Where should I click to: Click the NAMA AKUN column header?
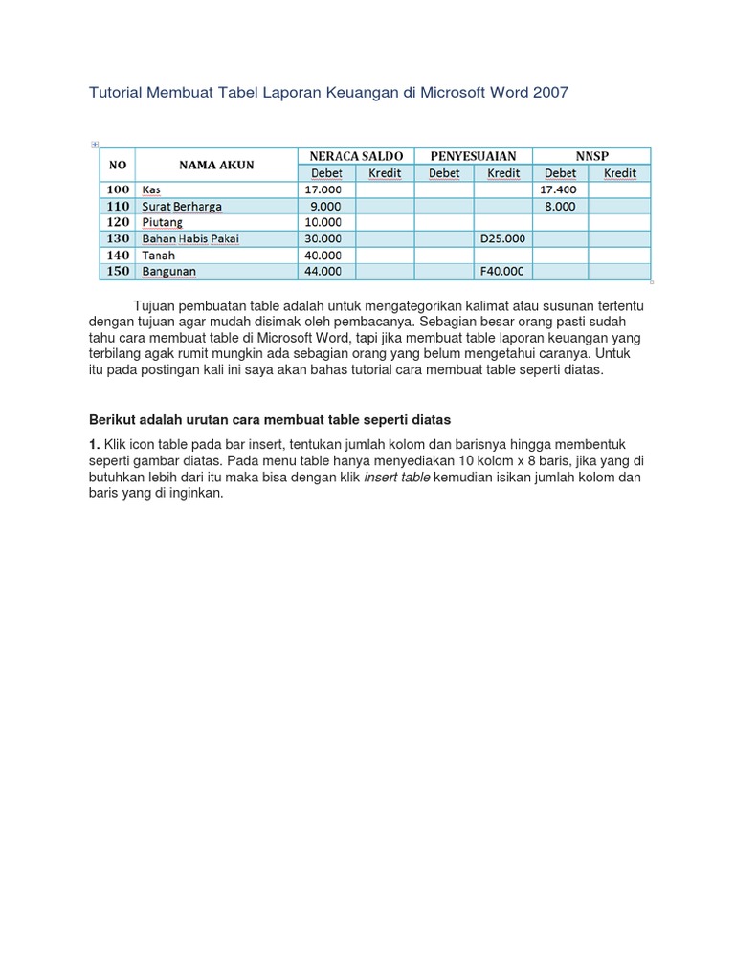click(x=216, y=165)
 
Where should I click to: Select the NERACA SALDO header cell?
click(x=356, y=156)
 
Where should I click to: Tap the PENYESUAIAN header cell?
click(x=473, y=156)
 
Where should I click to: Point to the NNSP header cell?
click(x=591, y=156)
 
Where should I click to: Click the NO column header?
click(x=118, y=165)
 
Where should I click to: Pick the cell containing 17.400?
click(x=559, y=189)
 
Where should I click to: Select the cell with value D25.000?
click(x=501, y=238)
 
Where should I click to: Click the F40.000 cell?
click(x=501, y=271)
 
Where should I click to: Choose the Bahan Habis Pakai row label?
click(x=190, y=238)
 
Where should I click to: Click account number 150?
click(x=118, y=271)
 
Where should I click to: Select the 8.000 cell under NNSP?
click(x=560, y=206)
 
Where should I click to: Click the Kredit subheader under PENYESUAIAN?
click(x=502, y=173)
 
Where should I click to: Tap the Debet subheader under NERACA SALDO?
click(x=327, y=173)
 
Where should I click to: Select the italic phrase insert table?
click(x=396, y=478)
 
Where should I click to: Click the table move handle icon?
click(x=95, y=145)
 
